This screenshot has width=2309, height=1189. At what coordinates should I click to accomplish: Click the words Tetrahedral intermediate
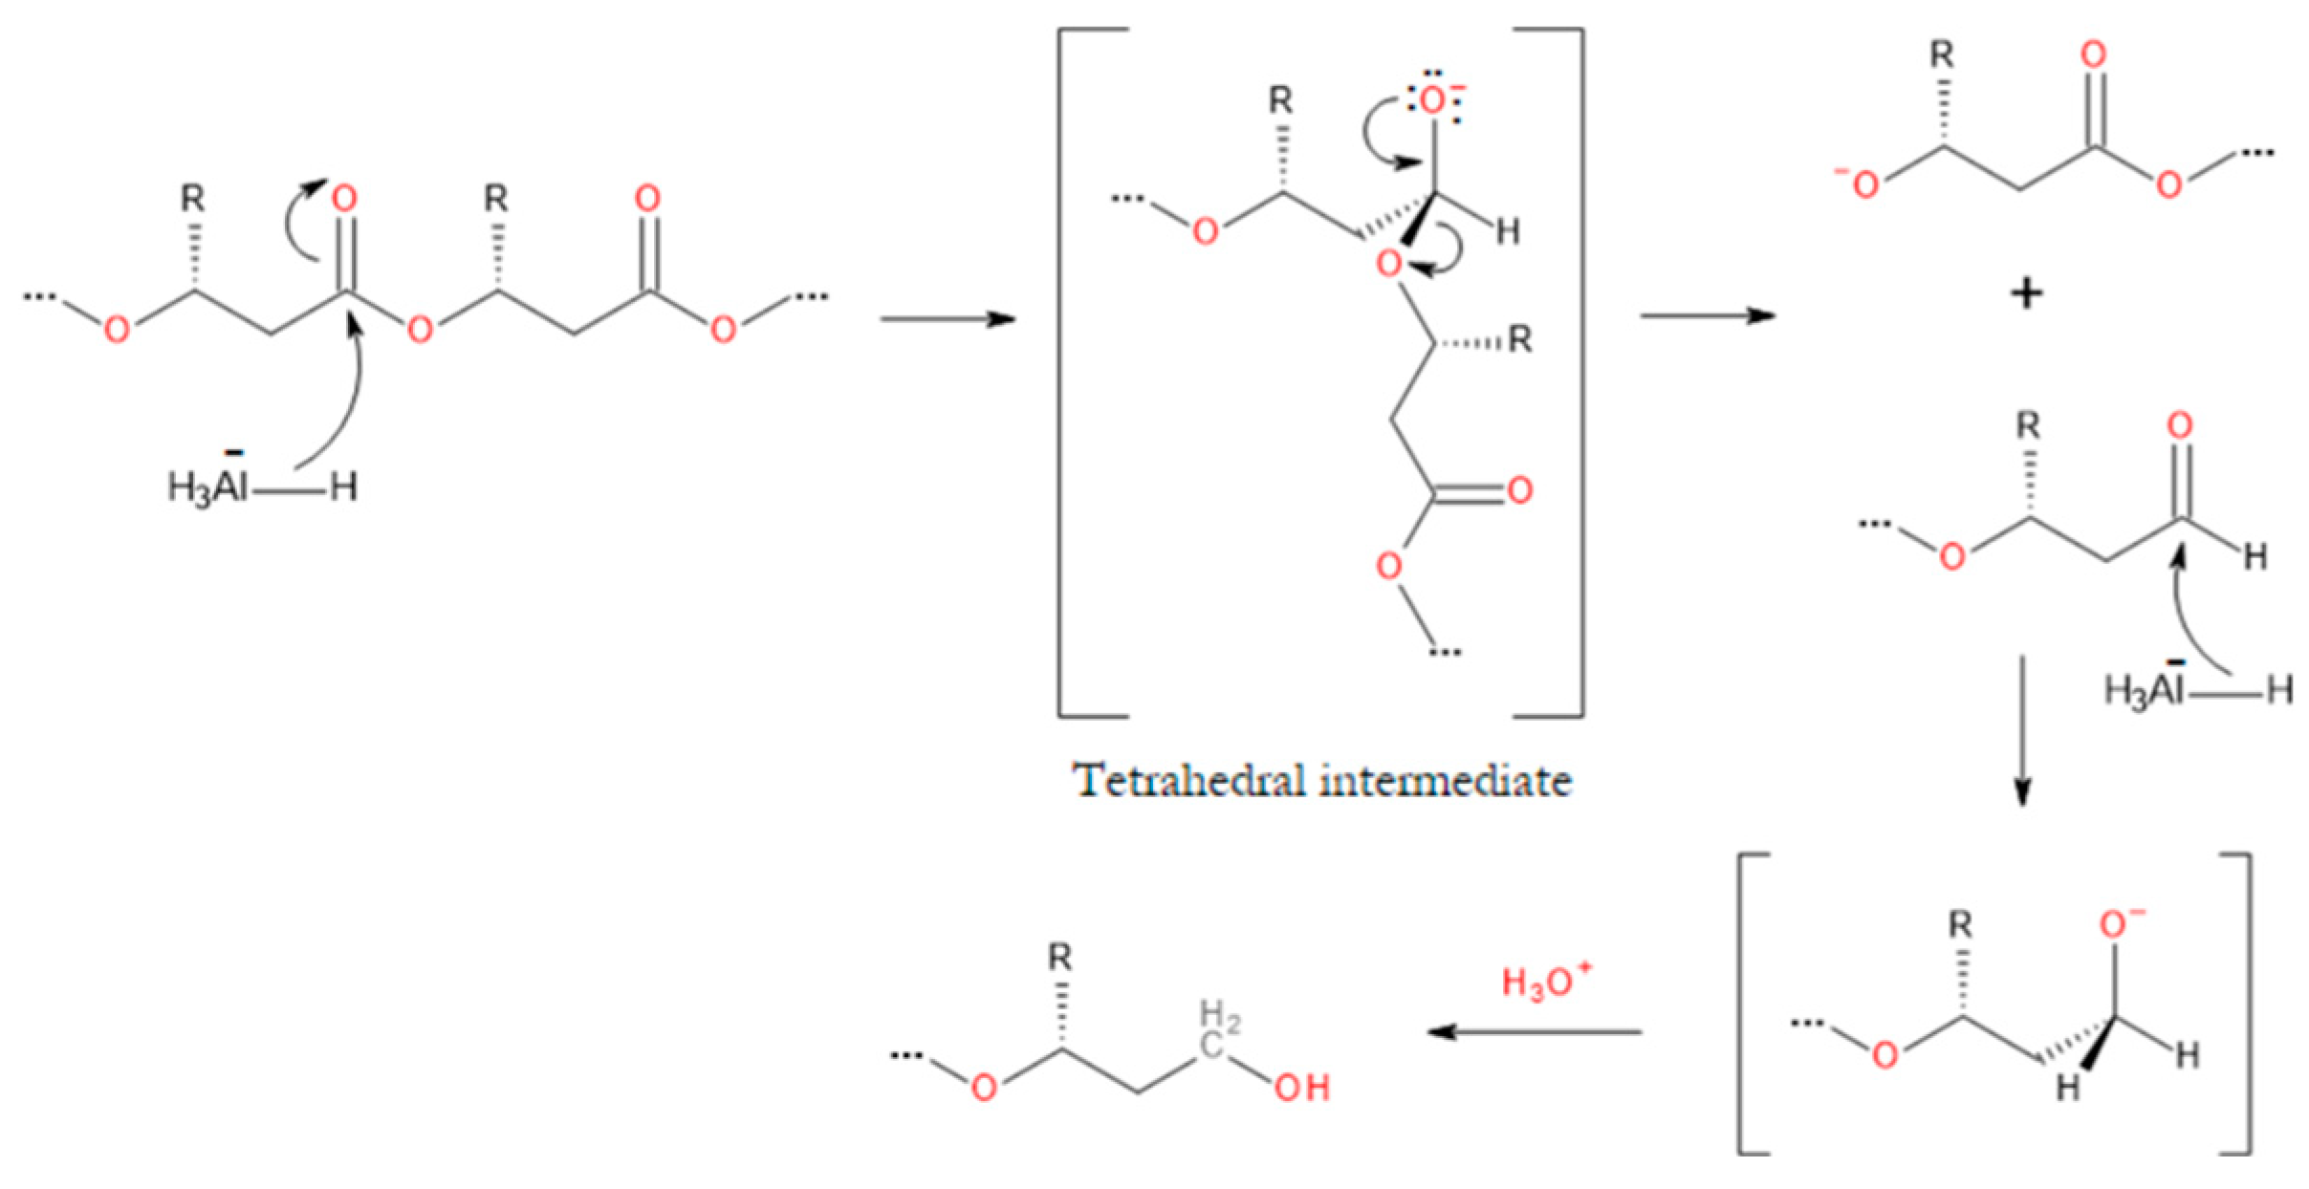pos(1324,781)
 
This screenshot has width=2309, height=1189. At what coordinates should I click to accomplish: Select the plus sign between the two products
pos(2025,293)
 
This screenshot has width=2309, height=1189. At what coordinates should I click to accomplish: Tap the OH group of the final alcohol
pos(1302,1089)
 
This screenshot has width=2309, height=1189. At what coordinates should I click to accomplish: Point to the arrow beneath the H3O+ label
pos(1535,1031)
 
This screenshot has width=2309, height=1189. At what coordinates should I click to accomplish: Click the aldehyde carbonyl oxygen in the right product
pos(2180,426)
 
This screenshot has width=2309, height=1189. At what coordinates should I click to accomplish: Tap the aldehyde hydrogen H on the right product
pos(2255,556)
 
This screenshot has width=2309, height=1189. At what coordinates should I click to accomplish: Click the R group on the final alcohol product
pos(1060,958)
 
